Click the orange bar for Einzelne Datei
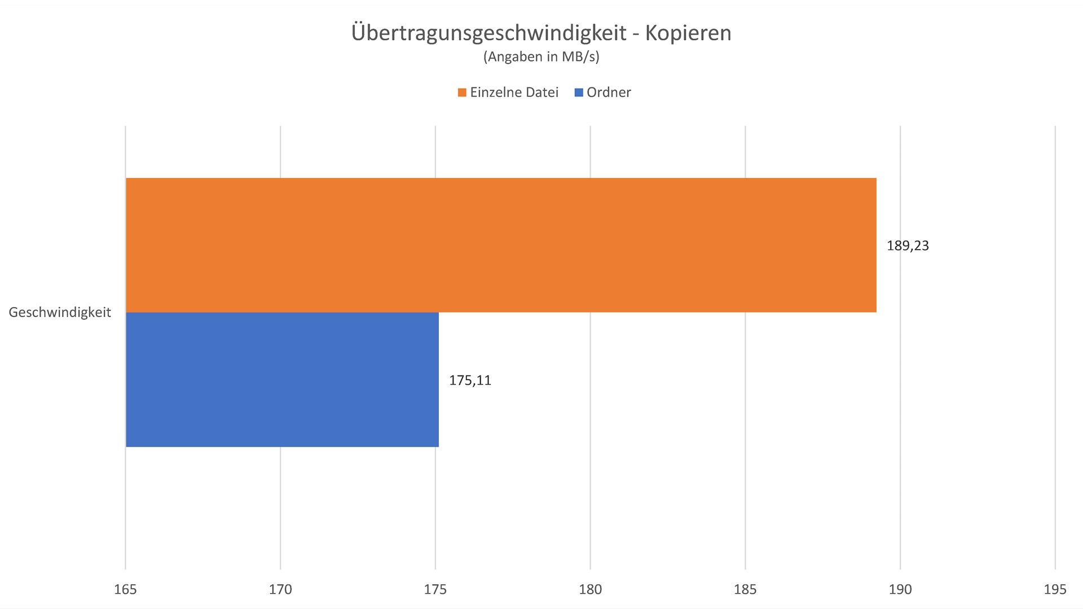(x=501, y=245)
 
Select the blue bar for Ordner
(x=282, y=379)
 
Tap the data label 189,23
(x=908, y=246)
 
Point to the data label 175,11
(x=470, y=381)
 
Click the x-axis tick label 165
(x=125, y=589)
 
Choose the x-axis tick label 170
(x=280, y=589)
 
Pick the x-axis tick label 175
(x=435, y=589)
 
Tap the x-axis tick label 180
(x=590, y=589)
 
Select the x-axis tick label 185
(x=745, y=589)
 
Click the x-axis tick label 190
(x=900, y=589)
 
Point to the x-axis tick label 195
(x=1055, y=589)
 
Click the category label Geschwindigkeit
(x=60, y=312)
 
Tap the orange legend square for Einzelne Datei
(x=462, y=92)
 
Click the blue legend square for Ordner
(x=579, y=92)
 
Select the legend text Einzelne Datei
(x=514, y=92)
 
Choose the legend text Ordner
(x=609, y=92)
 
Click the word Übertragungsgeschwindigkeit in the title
(x=488, y=33)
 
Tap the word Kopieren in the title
(x=688, y=33)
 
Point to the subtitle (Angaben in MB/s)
(x=541, y=57)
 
